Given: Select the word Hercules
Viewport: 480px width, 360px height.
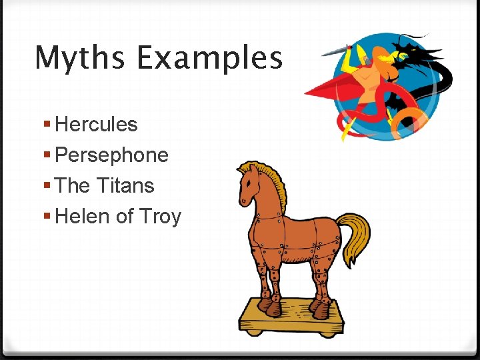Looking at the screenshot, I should [x=97, y=125].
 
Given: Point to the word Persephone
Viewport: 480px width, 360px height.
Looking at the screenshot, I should [x=112, y=155].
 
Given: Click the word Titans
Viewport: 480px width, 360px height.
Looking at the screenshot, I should [x=125, y=185].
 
